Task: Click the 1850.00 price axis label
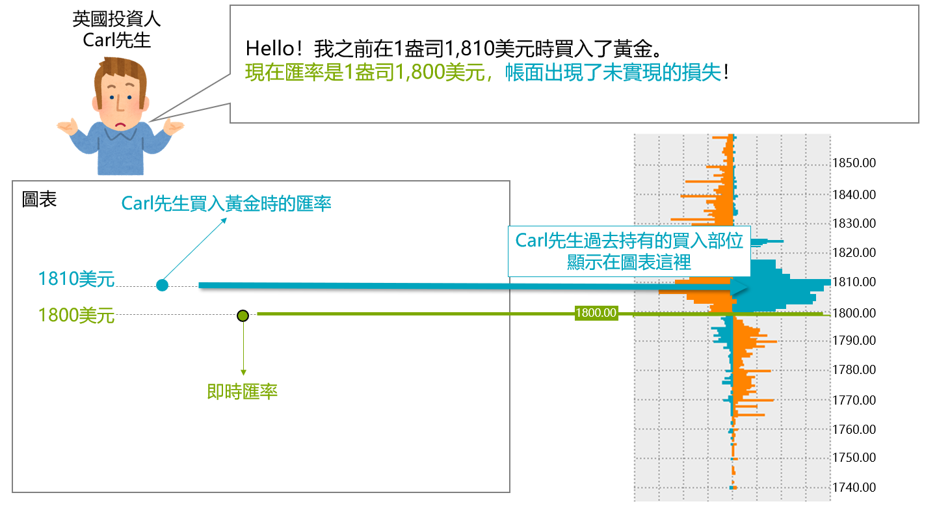coord(854,163)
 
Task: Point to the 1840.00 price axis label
coord(854,194)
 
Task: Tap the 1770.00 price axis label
coord(854,400)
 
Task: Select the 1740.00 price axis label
coord(854,487)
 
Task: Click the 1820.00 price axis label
coord(854,252)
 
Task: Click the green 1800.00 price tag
coord(596,313)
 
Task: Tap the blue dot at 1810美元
coord(162,286)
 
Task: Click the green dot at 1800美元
coord(243,315)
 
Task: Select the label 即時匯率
coord(242,392)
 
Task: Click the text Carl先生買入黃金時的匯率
coord(226,204)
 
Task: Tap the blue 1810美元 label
coord(76,278)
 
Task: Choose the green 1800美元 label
coord(76,315)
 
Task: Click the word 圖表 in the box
coord(39,199)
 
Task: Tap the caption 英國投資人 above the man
coord(116,19)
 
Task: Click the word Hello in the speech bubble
coord(270,49)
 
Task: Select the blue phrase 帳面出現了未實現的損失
coord(613,72)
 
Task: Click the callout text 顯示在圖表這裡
coord(629,262)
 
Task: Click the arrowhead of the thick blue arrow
coord(739,287)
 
